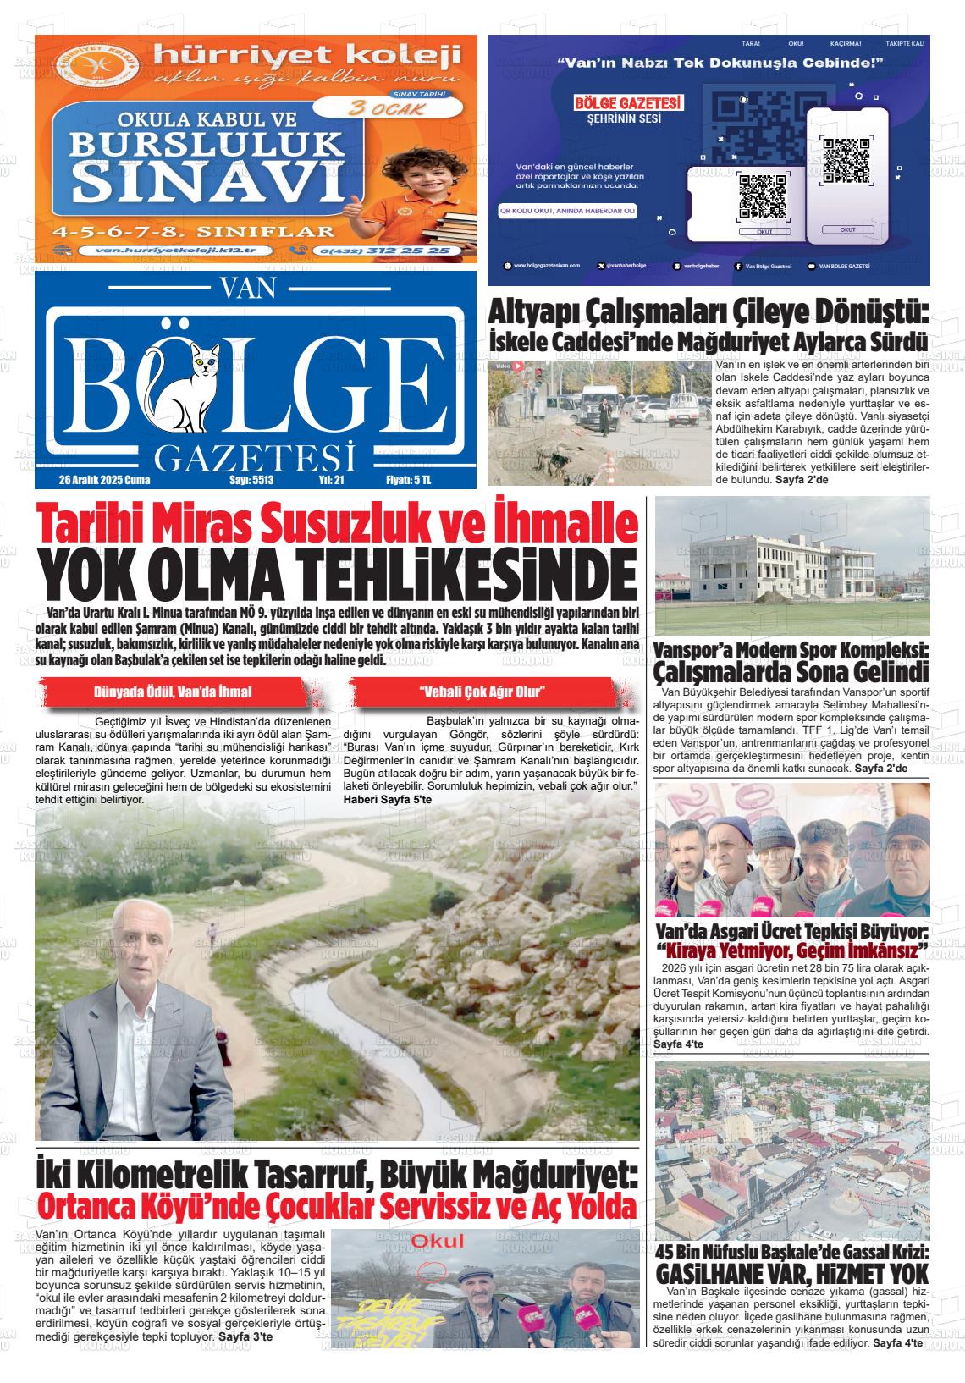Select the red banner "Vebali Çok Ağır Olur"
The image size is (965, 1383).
[x=482, y=691]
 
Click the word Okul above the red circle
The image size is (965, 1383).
[x=437, y=1242]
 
